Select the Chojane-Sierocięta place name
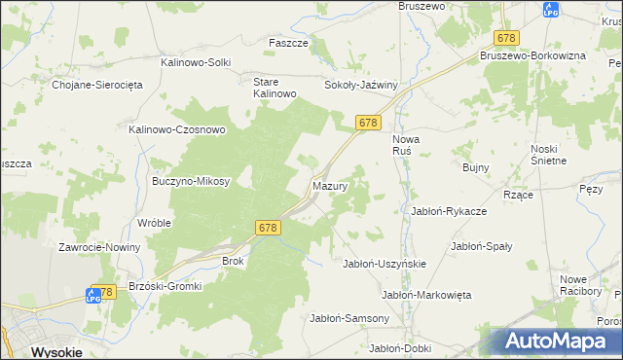pyautogui.click(x=97, y=85)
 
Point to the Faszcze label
pyautogui.click(x=288, y=44)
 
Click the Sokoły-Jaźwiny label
pyautogui.click(x=361, y=85)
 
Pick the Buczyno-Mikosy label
pyautogui.click(x=191, y=181)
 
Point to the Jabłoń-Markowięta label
pyautogui.click(x=426, y=295)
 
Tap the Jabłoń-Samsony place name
pyautogui.click(x=349, y=318)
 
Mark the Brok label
pyautogui.click(x=234, y=261)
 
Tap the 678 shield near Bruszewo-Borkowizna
pyautogui.click(x=506, y=38)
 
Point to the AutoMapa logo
pyautogui.click(x=562, y=342)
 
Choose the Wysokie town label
pyautogui.click(x=55, y=351)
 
